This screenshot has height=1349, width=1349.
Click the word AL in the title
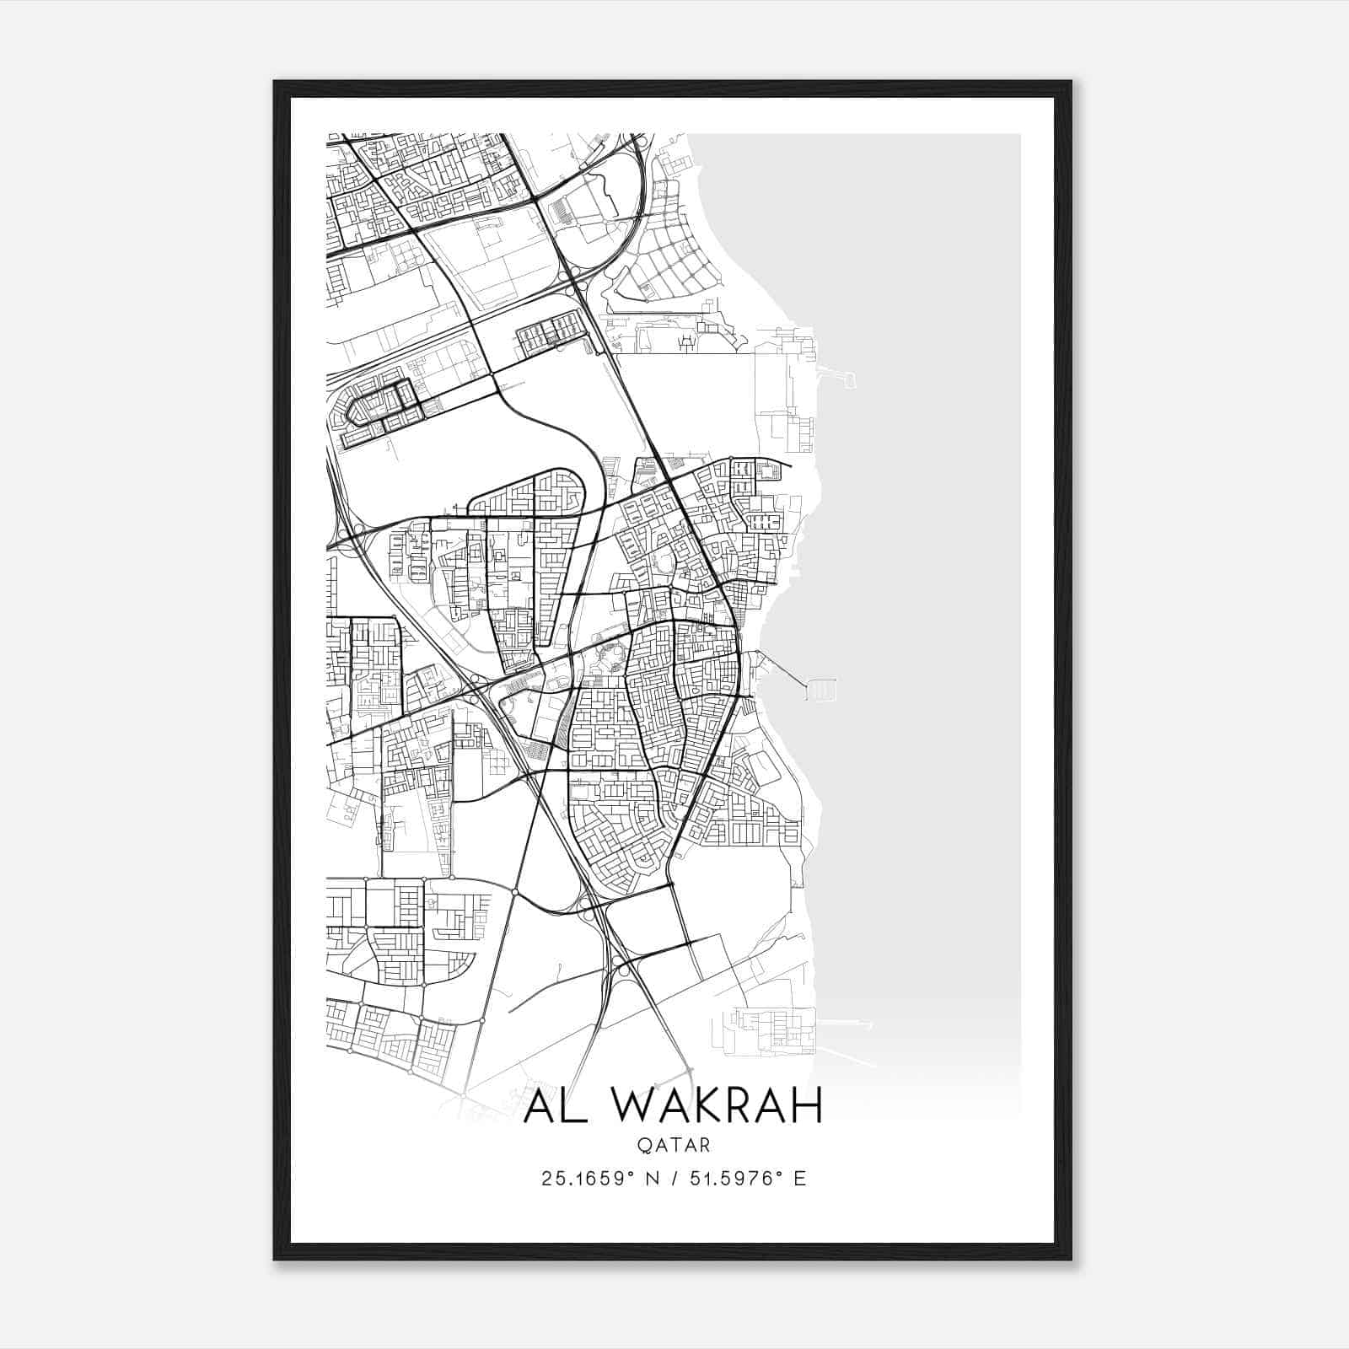point(553,1106)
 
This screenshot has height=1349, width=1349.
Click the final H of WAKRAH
point(805,1106)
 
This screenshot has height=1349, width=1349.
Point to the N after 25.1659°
point(649,1178)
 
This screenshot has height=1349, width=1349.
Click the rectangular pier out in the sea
point(821,689)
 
